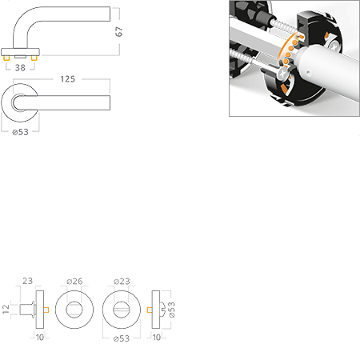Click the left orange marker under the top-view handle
pos(8,58)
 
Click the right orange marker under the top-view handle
pos(34,58)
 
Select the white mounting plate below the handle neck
pos(21,52)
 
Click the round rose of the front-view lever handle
pos(21,103)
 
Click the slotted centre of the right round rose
pos(121,310)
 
